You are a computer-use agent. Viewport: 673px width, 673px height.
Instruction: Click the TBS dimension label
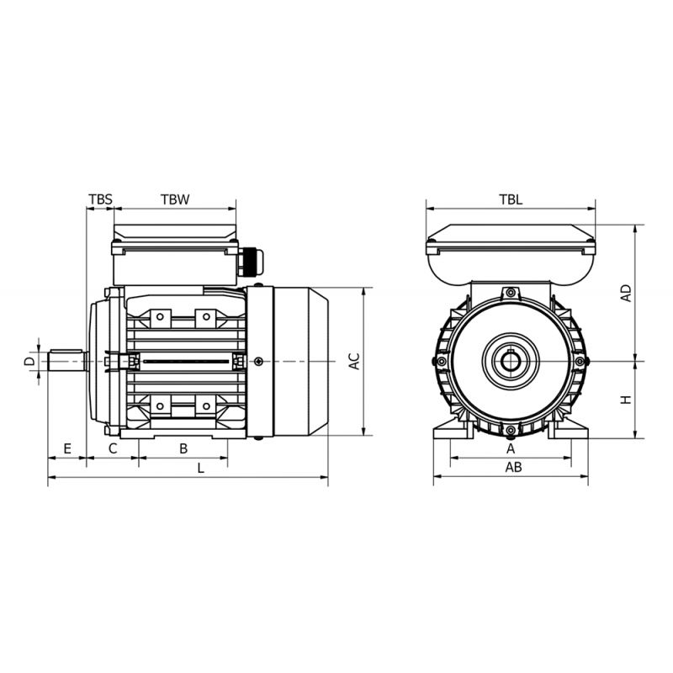coord(100,199)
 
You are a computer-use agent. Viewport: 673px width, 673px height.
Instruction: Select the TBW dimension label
coord(175,199)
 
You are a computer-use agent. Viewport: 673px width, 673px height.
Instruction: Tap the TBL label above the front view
coord(511,199)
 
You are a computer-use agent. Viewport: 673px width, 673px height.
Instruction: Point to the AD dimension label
coord(627,293)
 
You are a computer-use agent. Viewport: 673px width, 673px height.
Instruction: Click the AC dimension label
coord(354,361)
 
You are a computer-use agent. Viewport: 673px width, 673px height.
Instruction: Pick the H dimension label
coord(627,400)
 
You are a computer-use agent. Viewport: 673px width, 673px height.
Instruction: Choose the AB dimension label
coord(513,467)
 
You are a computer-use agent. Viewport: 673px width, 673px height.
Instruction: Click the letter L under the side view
coord(201,469)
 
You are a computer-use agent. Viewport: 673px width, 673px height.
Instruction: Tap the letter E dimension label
coord(67,449)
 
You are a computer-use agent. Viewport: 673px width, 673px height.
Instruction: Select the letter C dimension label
coord(113,449)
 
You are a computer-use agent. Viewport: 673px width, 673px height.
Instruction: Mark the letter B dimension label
coord(183,449)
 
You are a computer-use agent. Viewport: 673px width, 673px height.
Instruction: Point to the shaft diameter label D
coord(29,361)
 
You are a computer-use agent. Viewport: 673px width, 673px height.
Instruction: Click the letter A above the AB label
coord(511,449)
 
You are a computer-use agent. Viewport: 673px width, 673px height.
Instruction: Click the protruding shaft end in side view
coord(67,361)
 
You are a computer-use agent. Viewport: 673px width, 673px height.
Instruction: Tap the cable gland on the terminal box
coord(251,262)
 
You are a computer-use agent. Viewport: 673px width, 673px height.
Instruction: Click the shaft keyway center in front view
coord(511,361)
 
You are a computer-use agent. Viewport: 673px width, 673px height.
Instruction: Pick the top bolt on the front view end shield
coord(511,293)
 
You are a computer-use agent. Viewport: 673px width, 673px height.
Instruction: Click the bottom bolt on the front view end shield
coord(511,430)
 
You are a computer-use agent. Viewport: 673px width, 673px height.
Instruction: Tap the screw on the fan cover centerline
coord(258,362)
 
